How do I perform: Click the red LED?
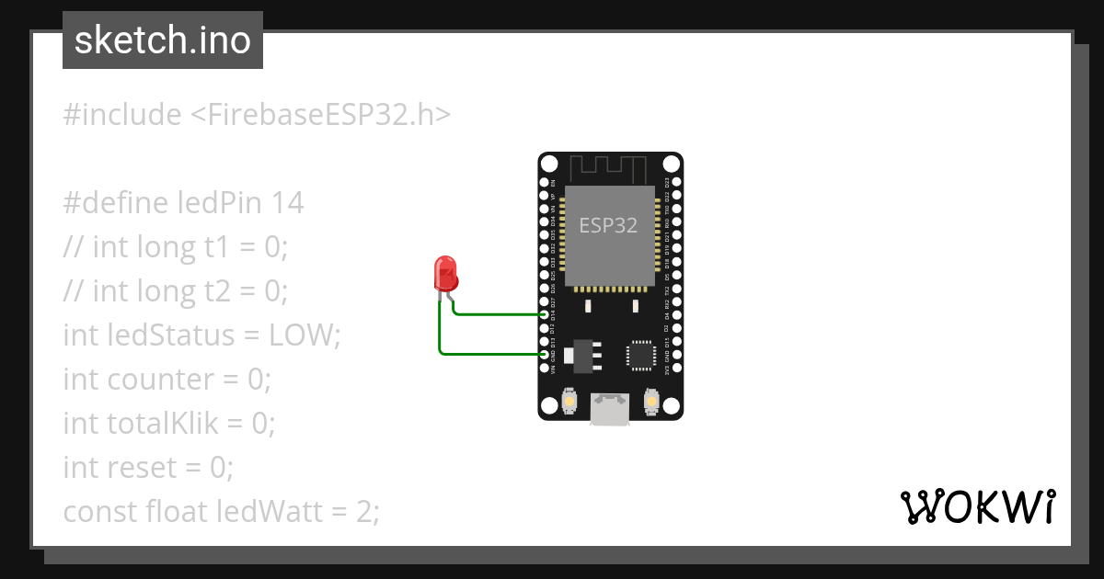446,274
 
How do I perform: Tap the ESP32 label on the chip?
608,225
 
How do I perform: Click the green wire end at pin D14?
545,315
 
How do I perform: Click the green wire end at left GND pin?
545,354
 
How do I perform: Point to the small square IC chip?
641,355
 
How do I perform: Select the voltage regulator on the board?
584,353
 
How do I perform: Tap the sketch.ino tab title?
163,40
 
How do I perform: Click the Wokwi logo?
978,506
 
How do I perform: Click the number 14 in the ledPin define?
287,202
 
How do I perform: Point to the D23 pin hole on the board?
677,183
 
